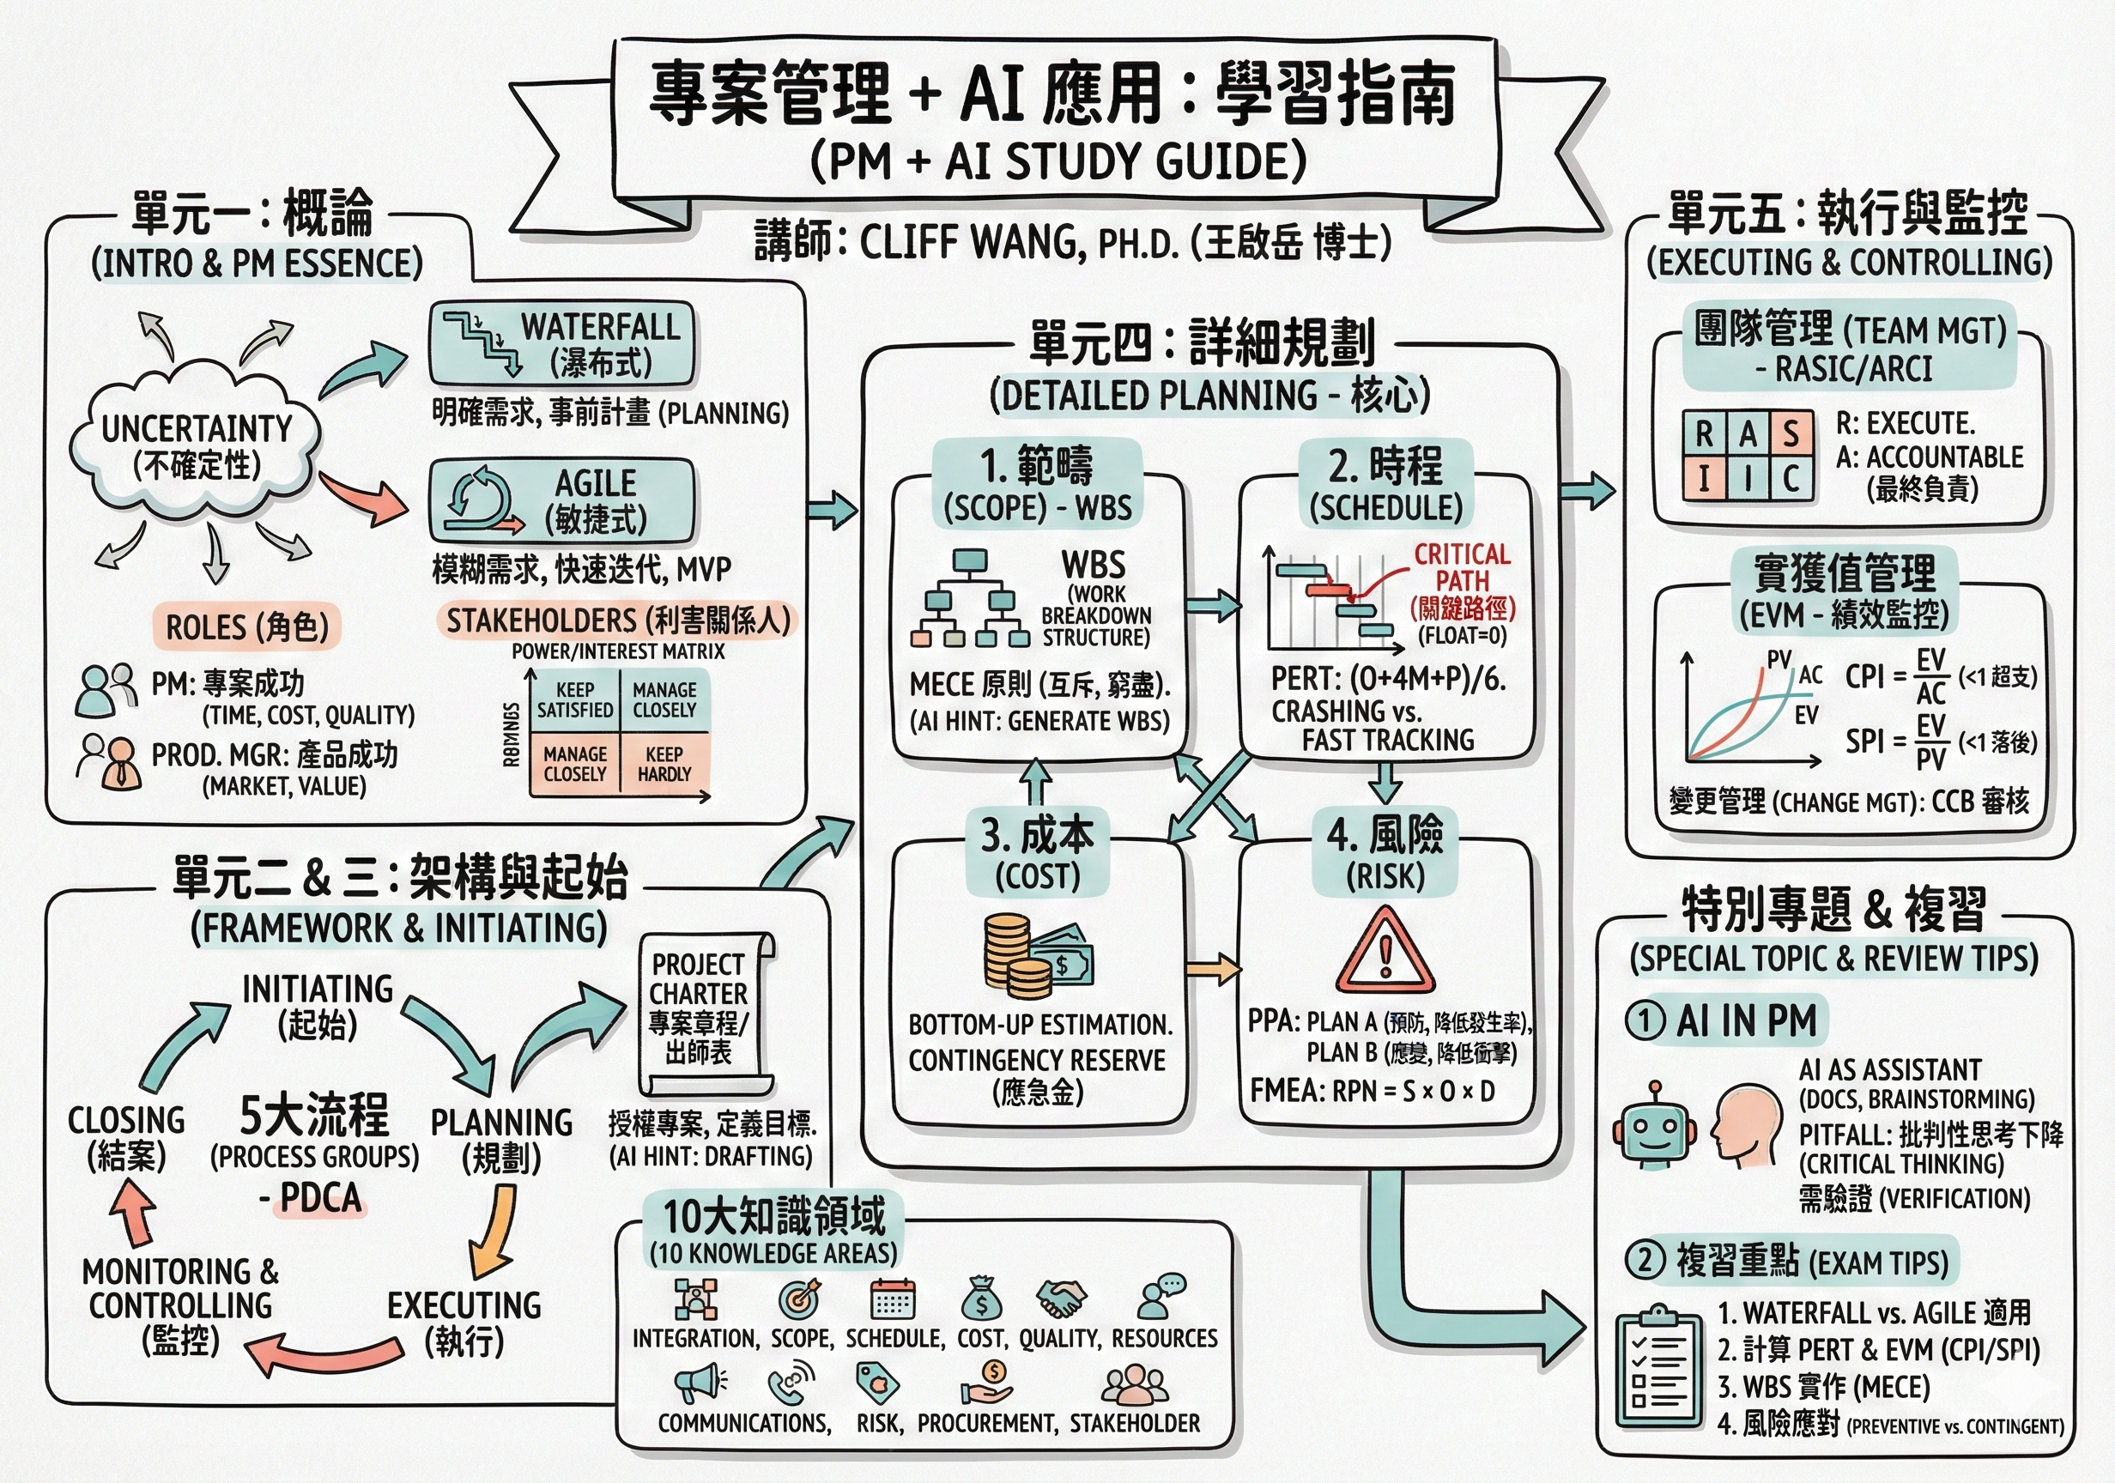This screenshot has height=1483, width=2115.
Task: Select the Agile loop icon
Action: click(x=479, y=501)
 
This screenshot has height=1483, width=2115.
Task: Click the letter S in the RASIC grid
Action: click(x=1790, y=433)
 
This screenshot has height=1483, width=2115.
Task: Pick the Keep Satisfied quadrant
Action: click(x=575, y=700)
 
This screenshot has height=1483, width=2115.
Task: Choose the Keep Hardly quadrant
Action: click(x=664, y=764)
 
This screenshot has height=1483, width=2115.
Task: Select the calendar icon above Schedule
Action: click(x=893, y=1298)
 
